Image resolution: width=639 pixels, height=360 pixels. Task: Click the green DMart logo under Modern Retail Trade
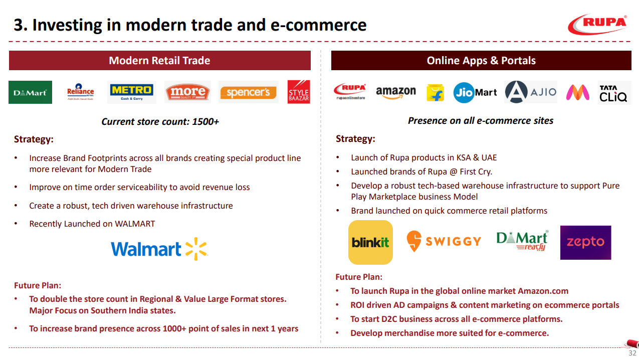tap(30, 92)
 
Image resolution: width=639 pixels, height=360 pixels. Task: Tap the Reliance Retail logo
tap(81, 92)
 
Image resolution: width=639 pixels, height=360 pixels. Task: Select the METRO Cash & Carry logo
tap(131, 92)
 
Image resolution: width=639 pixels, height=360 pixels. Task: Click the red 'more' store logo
tap(188, 92)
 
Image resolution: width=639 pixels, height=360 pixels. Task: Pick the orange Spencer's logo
tap(248, 92)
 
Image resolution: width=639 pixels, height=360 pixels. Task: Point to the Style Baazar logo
tap(299, 92)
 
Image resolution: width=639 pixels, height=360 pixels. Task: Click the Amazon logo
tap(395, 92)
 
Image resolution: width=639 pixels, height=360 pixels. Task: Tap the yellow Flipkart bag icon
tap(435, 92)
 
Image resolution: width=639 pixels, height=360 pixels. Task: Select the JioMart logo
tap(475, 92)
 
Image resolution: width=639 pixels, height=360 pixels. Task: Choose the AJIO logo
tap(531, 92)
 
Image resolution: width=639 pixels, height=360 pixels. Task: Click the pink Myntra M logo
tap(578, 92)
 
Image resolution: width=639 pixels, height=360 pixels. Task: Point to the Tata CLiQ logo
tap(613, 93)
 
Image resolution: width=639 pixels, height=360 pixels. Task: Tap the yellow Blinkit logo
tap(370, 242)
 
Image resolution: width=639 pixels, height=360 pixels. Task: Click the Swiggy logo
tap(444, 241)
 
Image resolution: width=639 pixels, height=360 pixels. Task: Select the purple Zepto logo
tap(586, 243)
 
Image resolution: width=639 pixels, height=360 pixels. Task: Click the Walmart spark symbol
tap(196, 249)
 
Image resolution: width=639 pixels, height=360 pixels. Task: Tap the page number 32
tap(632, 353)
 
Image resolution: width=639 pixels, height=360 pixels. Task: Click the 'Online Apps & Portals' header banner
tap(481, 61)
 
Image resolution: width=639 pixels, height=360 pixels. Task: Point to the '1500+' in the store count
tap(205, 122)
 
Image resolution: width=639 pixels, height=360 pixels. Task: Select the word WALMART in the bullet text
tap(135, 224)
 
